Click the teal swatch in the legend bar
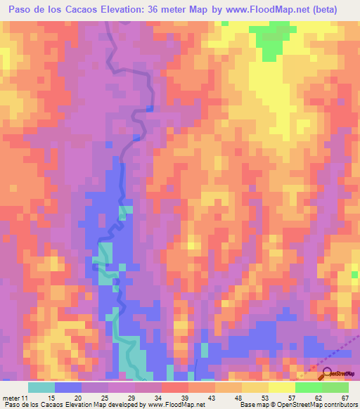click(x=41, y=388)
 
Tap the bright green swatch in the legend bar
click(x=309, y=388)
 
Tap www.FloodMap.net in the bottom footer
click(x=172, y=404)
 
